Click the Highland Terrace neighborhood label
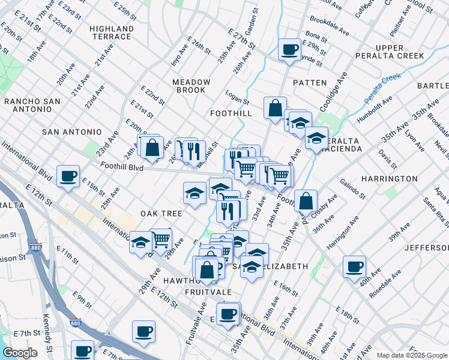(111, 32)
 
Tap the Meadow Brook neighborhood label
(191, 86)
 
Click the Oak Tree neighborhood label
(161, 214)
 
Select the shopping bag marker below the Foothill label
(275, 109)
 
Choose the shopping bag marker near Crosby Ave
(306, 202)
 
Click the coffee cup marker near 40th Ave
(355, 266)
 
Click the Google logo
(19, 353)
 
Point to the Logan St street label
(237, 95)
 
